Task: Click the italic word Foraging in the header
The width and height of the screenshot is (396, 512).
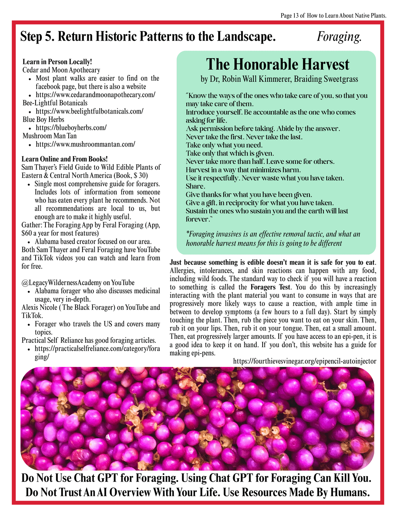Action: click(x=339, y=37)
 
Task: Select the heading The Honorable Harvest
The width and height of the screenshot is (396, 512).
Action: click(x=278, y=65)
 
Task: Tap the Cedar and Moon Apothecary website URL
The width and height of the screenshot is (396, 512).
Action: click(x=95, y=95)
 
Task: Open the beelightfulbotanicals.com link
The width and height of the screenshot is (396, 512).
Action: click(x=89, y=111)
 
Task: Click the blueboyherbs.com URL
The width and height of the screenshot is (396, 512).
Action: click(x=71, y=128)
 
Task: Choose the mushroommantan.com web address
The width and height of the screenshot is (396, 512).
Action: click(x=85, y=144)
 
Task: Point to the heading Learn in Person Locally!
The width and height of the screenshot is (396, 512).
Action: click(x=57, y=62)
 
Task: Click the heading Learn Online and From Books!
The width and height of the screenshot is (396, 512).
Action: click(x=65, y=159)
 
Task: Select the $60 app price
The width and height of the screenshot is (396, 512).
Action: click(x=27, y=233)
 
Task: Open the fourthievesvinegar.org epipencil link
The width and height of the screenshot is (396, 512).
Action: click(x=305, y=361)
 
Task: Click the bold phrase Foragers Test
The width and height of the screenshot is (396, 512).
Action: click(x=271, y=287)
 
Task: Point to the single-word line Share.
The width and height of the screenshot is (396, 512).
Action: click(x=195, y=186)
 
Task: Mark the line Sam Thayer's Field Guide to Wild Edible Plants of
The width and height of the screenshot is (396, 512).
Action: click(x=91, y=167)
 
